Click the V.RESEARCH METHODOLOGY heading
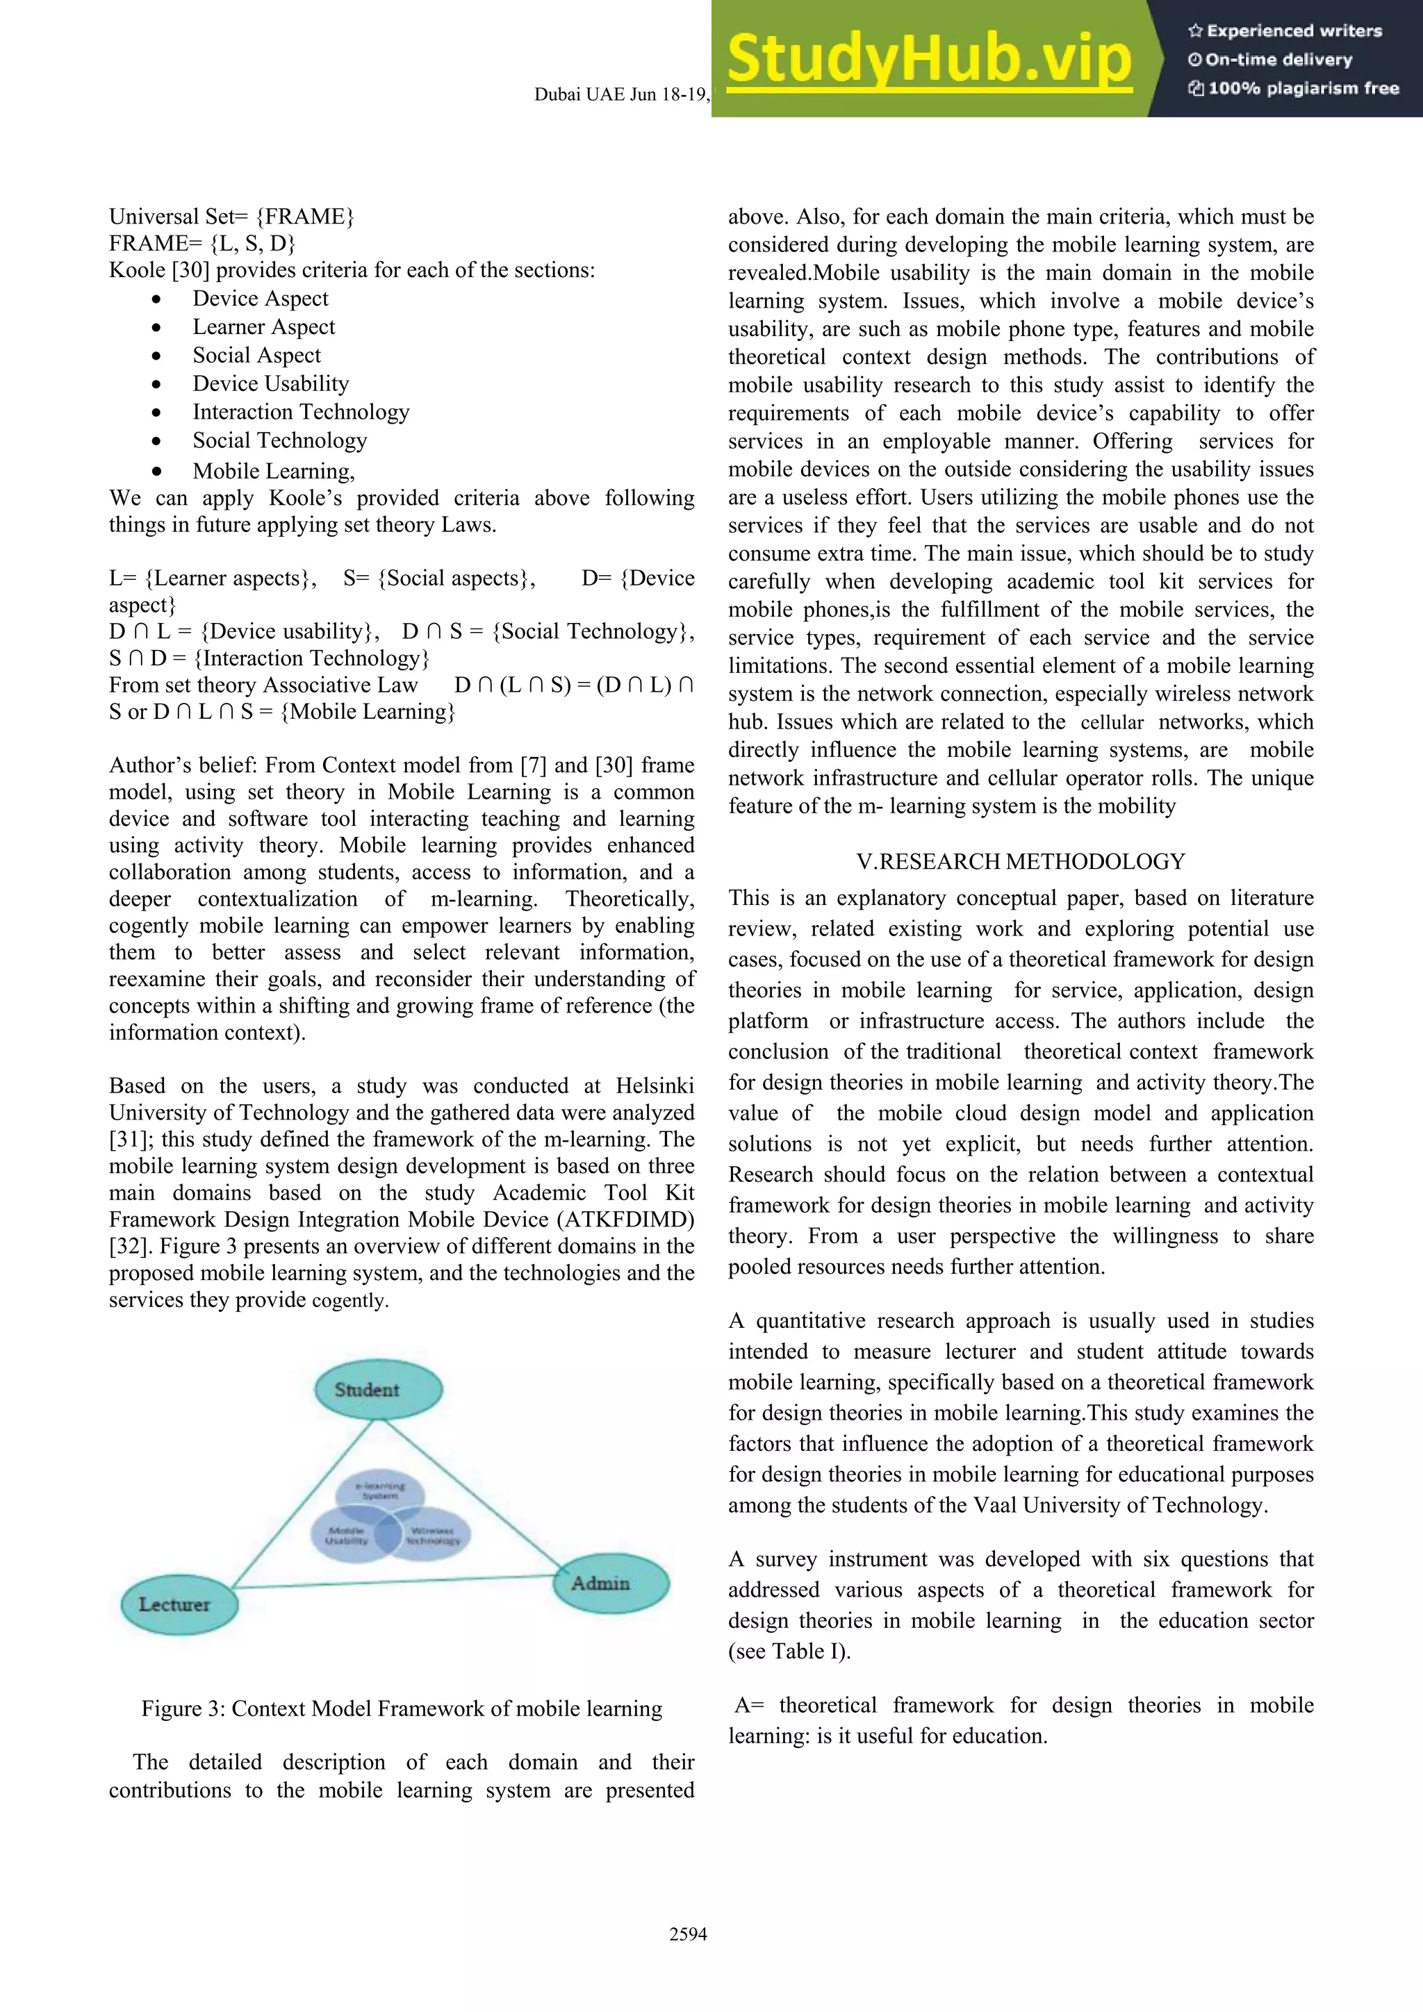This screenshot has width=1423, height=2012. pos(1021,861)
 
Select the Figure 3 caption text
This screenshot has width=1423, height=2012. pos(402,1708)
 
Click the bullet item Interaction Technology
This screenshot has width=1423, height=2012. pos(301,412)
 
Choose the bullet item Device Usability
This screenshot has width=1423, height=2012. pos(271,384)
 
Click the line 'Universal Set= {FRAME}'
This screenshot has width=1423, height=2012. pos(231,217)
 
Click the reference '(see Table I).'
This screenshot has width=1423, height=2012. pos(789,1651)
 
